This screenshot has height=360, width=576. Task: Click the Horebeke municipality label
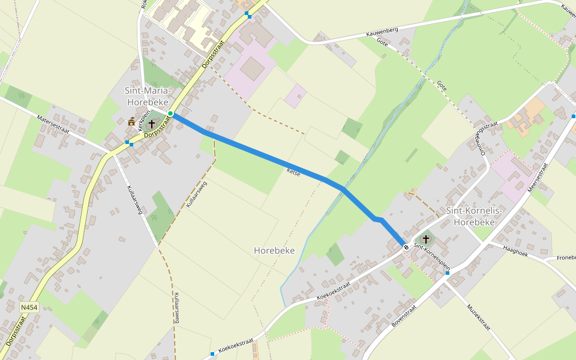tap(274, 250)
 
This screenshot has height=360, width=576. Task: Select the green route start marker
tap(170, 113)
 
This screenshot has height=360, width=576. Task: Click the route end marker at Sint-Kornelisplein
tap(406, 247)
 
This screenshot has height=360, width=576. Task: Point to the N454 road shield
tap(28, 307)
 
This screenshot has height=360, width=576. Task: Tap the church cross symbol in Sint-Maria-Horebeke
tap(151, 124)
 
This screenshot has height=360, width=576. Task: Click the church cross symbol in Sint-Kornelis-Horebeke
tap(426, 239)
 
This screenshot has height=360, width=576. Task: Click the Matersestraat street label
tap(54, 126)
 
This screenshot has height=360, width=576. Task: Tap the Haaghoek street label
tap(515, 249)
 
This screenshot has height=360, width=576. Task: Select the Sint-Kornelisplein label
tap(432, 255)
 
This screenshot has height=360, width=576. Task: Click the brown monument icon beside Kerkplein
tap(131, 122)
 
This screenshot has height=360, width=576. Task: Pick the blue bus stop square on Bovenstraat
tap(447, 273)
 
